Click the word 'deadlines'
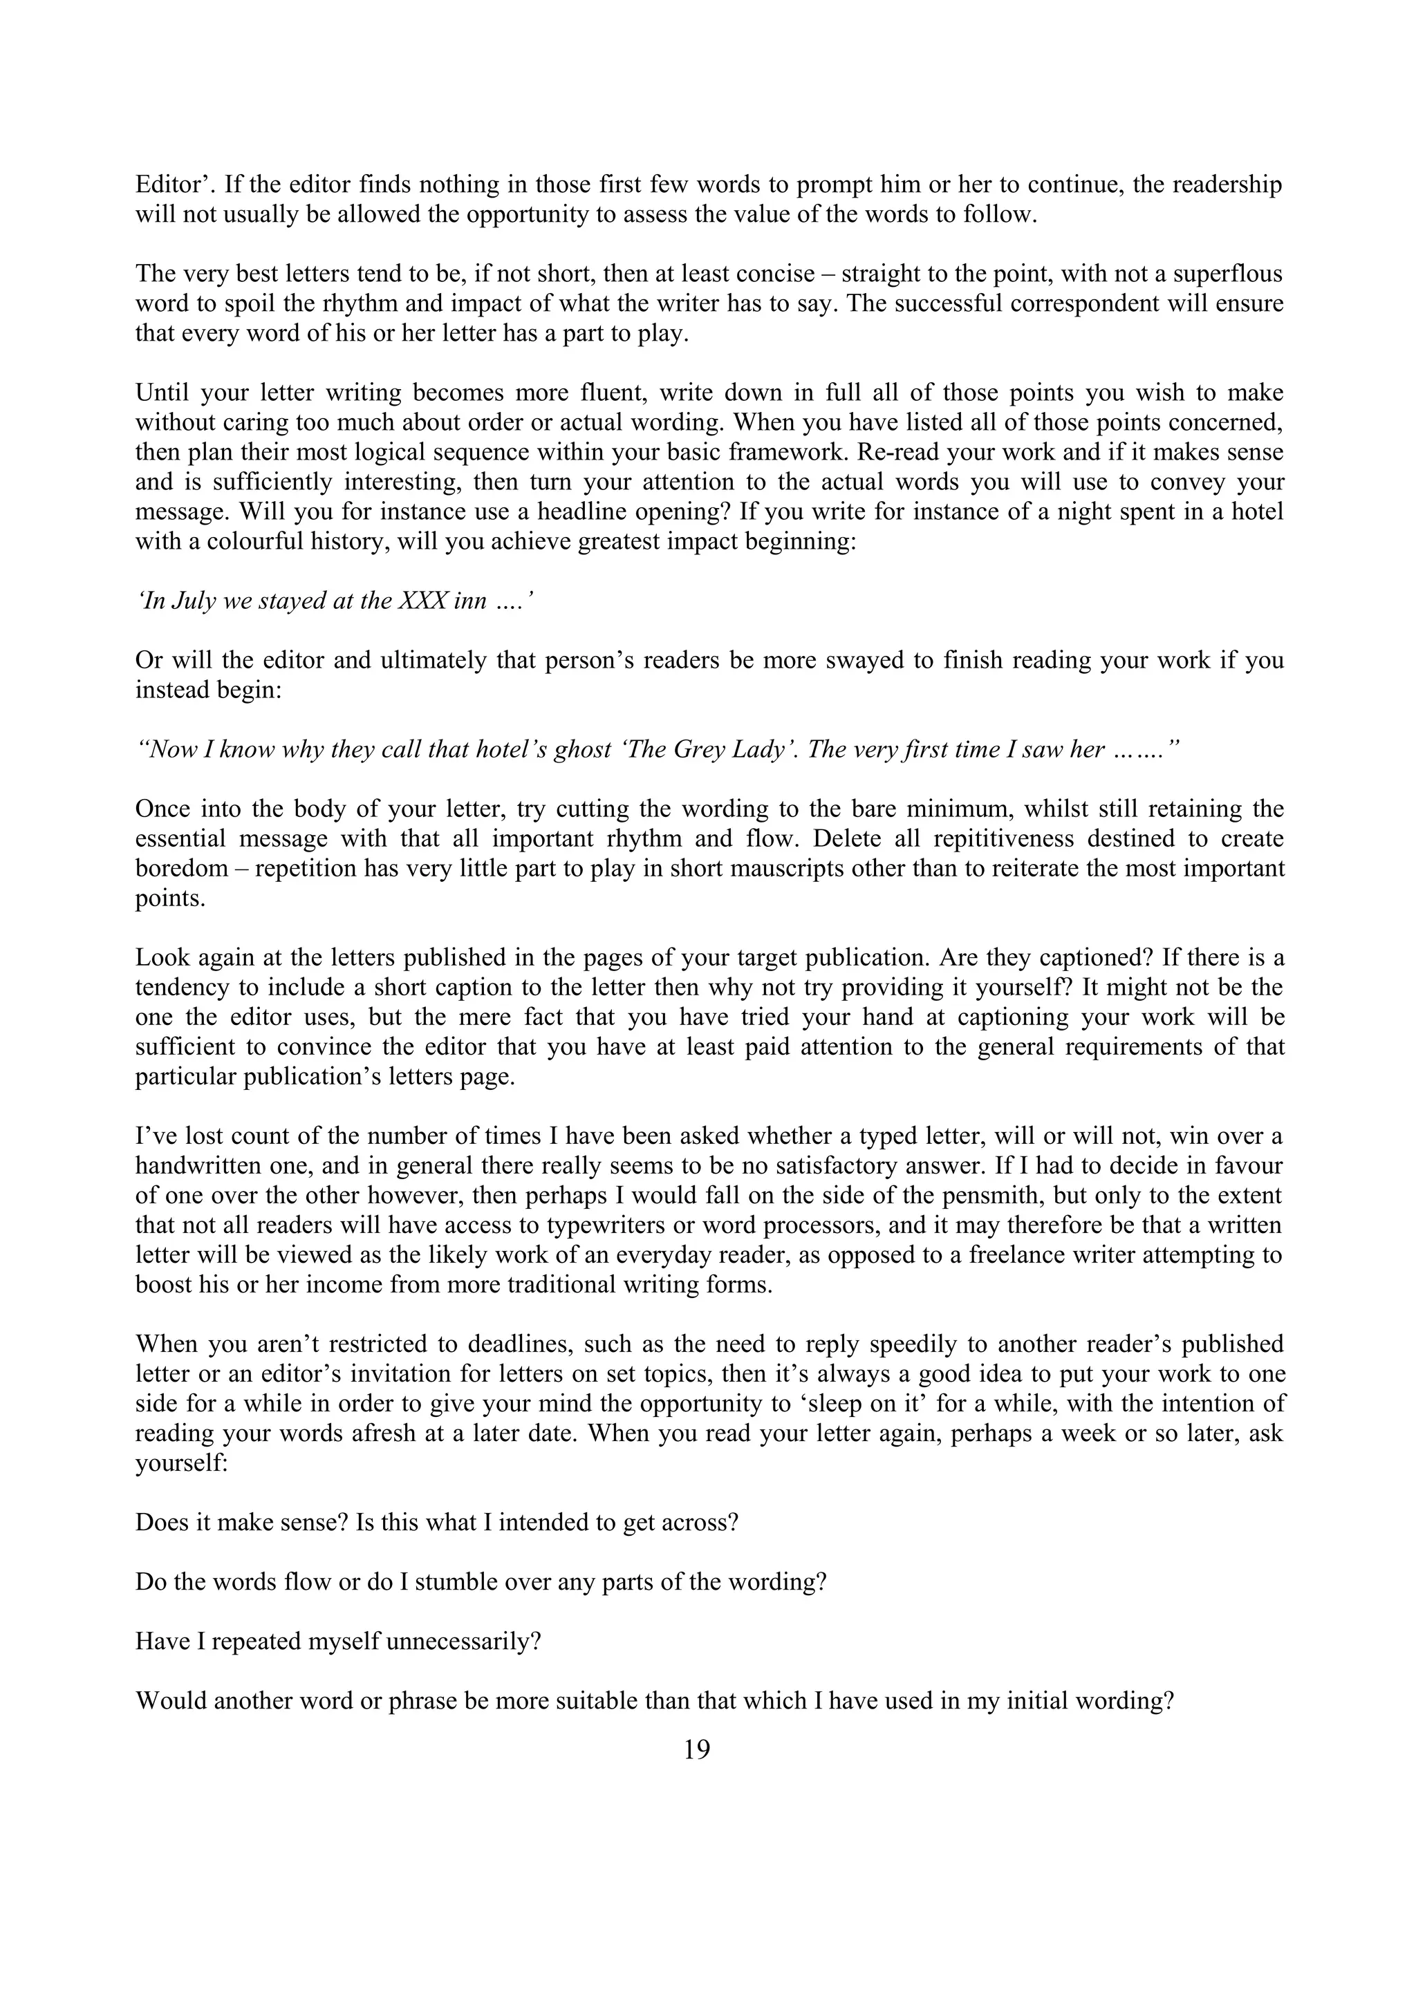point(504,1344)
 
